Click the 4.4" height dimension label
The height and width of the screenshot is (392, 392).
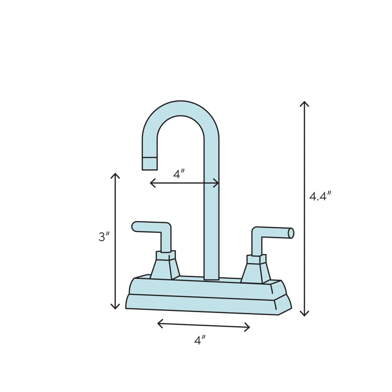click(320, 196)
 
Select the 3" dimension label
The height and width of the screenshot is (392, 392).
click(104, 237)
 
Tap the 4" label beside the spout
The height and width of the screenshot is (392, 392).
click(179, 174)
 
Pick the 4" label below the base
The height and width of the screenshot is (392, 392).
click(200, 340)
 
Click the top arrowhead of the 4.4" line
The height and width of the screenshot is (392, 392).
click(304, 103)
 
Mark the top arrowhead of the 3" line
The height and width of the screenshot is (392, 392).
click(115, 175)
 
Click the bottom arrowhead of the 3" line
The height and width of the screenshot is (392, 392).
click(115, 307)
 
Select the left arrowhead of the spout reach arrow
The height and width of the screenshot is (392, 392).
click(152, 183)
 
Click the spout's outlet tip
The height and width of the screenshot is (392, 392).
click(150, 164)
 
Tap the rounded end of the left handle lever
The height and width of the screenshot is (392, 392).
click(136, 226)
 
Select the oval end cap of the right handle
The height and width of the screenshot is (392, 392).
click(291, 233)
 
